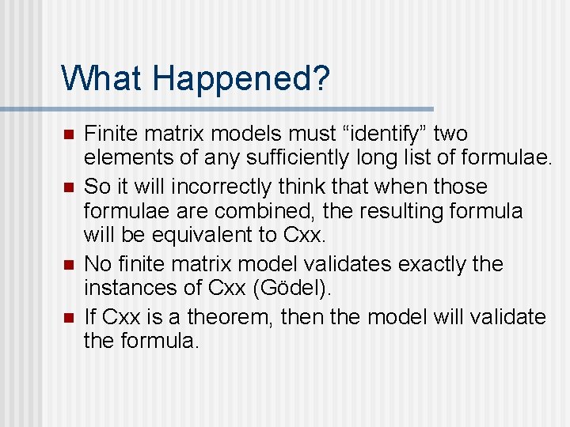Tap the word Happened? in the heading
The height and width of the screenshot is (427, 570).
click(x=241, y=79)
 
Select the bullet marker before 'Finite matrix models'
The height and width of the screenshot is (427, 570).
click(x=69, y=134)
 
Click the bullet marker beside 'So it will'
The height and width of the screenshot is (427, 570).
click(x=69, y=188)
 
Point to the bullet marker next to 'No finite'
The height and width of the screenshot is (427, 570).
click(x=69, y=264)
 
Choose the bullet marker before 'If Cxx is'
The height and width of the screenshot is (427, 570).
click(x=69, y=318)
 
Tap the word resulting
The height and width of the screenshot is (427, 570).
click(x=404, y=211)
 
